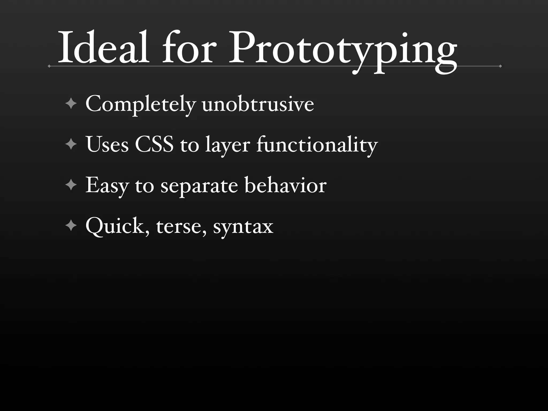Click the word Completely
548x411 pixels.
(140, 104)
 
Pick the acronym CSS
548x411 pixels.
(154, 144)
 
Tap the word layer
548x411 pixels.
(228, 146)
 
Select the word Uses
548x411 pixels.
(107, 144)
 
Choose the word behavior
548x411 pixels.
(285, 185)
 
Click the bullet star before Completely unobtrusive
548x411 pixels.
(71, 104)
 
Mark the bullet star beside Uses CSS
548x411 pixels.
(71, 144)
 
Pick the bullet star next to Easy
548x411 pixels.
(71, 185)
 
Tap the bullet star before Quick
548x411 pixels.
(71, 226)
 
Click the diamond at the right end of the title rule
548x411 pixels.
(500, 66)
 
